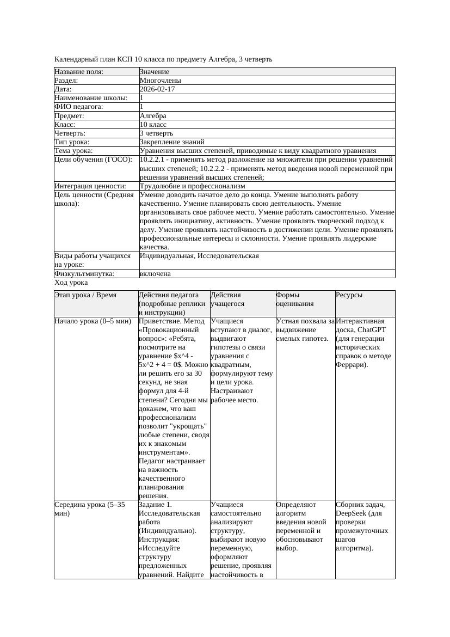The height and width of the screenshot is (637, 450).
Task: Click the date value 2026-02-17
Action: pos(157,89)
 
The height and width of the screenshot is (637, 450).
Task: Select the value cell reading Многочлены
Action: pos(161,81)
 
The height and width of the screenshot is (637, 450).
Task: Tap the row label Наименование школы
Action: pos(91,98)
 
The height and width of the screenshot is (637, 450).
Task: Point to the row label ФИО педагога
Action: pos(79,107)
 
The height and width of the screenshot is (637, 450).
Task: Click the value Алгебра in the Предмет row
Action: pos(153,115)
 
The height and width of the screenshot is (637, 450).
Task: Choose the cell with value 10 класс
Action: pos(153,124)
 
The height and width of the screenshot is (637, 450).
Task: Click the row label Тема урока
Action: pos(74,150)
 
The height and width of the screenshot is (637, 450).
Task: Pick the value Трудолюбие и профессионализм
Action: pos(192,186)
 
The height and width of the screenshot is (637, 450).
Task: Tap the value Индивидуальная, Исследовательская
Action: pos(199,256)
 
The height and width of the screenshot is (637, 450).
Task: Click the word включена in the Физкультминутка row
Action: pos(155,274)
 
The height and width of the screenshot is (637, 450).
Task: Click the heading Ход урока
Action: pos(71,283)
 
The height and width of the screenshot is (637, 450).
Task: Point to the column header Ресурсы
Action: pos(349,295)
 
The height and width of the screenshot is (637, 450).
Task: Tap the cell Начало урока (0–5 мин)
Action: pos(93,321)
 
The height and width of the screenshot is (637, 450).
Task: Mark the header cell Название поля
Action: pos(79,72)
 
